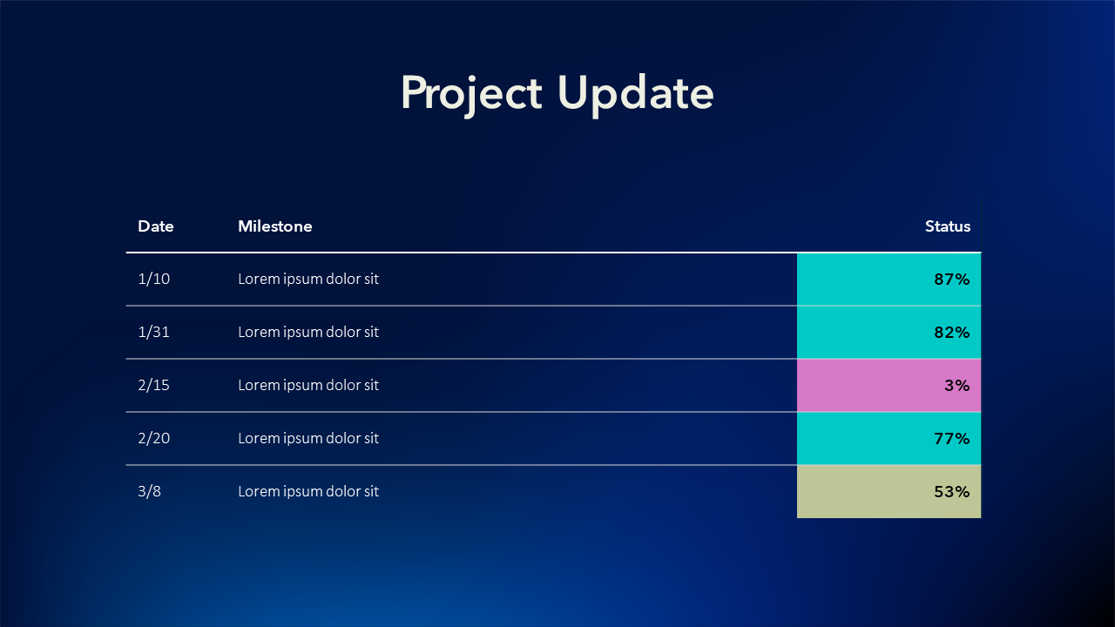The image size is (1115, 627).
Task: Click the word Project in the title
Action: click(x=471, y=95)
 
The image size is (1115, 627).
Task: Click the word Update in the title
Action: click(x=636, y=95)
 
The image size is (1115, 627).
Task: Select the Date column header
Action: click(x=156, y=226)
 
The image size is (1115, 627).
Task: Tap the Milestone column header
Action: click(x=275, y=226)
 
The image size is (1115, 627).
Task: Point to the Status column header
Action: click(x=948, y=226)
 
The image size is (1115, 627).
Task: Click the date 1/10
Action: click(x=154, y=279)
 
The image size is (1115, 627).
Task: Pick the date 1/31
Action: click(x=154, y=332)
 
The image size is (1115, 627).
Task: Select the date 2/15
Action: click(x=154, y=385)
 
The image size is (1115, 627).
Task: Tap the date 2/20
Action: click(x=154, y=438)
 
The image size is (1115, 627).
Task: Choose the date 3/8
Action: click(x=149, y=492)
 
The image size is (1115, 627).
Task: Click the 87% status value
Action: click(x=952, y=280)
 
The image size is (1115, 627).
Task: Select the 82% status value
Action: click(x=952, y=333)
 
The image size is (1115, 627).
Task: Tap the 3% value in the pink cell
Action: click(x=957, y=386)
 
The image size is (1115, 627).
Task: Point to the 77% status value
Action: click(x=952, y=439)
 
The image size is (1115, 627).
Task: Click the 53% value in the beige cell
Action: click(x=952, y=492)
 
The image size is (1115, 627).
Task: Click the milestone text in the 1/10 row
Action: click(x=308, y=280)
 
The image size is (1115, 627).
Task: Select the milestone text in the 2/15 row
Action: click(x=308, y=386)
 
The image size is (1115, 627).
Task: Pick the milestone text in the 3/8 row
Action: click(x=308, y=492)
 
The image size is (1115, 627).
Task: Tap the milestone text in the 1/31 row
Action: click(x=308, y=333)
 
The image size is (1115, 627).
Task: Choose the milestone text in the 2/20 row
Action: click(x=308, y=439)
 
